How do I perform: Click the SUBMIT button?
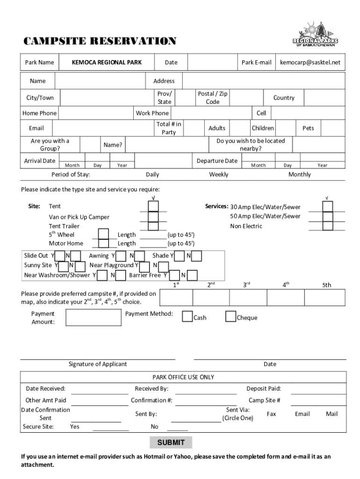tap(171, 443)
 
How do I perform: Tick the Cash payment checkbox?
tap(187, 317)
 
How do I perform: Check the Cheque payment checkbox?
tap(230, 317)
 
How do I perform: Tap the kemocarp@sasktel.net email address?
tap(310, 62)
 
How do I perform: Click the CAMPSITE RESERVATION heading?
tap(100, 41)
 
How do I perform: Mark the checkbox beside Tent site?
tap(153, 206)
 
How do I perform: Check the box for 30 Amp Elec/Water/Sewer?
tap(328, 206)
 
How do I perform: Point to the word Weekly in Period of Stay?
tap(219, 174)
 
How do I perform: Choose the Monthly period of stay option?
tap(299, 174)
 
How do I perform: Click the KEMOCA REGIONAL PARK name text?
tap(107, 62)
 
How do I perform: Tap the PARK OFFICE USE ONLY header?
tap(183, 377)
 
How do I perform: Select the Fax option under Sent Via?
tap(271, 414)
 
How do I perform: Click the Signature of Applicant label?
tap(97, 364)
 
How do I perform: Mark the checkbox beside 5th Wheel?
tap(104, 234)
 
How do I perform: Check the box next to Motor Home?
tap(104, 243)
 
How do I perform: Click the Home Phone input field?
tap(95, 113)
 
